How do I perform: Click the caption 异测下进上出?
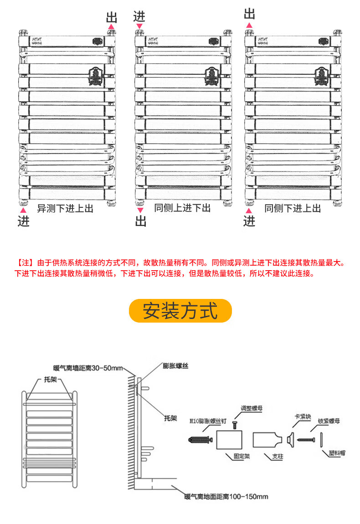[x=65, y=208]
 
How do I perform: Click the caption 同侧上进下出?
[x=182, y=208]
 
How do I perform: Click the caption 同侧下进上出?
[x=293, y=208]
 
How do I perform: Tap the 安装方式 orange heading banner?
[x=180, y=311]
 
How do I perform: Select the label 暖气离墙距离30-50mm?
[x=88, y=368]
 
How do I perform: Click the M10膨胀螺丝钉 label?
[x=208, y=421]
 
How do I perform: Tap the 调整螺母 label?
[x=252, y=409]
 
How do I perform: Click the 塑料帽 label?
[x=338, y=453]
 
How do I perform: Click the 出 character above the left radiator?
[x=112, y=18]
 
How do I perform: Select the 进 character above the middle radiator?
[x=139, y=16]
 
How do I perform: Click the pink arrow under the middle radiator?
[x=140, y=210]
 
